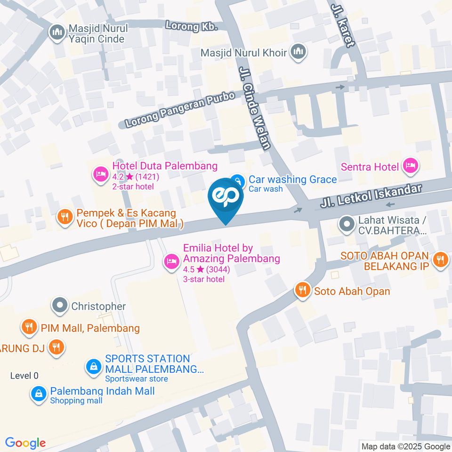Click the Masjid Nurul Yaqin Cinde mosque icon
point(57,33)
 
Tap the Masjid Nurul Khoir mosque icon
point(298,52)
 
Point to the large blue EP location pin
point(226,198)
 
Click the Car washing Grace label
point(292,179)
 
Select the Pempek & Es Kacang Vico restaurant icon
point(64,217)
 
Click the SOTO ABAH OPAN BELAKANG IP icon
point(440,258)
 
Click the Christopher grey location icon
point(60,306)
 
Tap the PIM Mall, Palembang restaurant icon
point(29,327)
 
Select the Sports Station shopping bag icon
point(93,366)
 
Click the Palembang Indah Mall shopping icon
point(38,394)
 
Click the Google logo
point(25,443)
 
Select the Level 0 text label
point(24,376)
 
